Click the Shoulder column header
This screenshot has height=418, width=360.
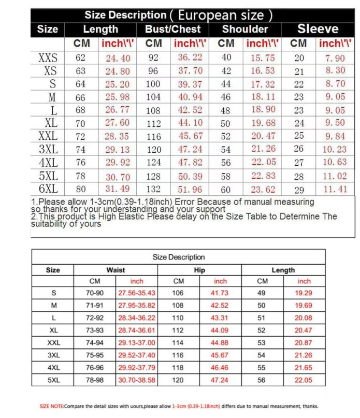(245, 30)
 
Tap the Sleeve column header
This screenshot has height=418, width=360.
(318, 29)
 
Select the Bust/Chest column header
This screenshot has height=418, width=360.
(172, 30)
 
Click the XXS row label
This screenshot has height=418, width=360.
(48, 57)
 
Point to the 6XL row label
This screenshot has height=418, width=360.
(48, 189)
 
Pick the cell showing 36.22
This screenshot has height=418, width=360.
(190, 57)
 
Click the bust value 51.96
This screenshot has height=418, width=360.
(190, 189)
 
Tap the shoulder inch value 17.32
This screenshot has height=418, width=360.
(263, 84)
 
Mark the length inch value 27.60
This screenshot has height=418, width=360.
(118, 123)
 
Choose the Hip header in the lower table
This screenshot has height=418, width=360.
(199, 270)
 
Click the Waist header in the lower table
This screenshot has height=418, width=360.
(116, 270)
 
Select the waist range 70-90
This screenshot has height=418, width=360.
(95, 293)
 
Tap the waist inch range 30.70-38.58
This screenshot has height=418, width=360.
(137, 380)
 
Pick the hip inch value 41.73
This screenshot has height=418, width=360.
(220, 293)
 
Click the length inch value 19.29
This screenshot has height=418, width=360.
(304, 293)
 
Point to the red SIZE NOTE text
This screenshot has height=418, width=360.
(52, 407)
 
